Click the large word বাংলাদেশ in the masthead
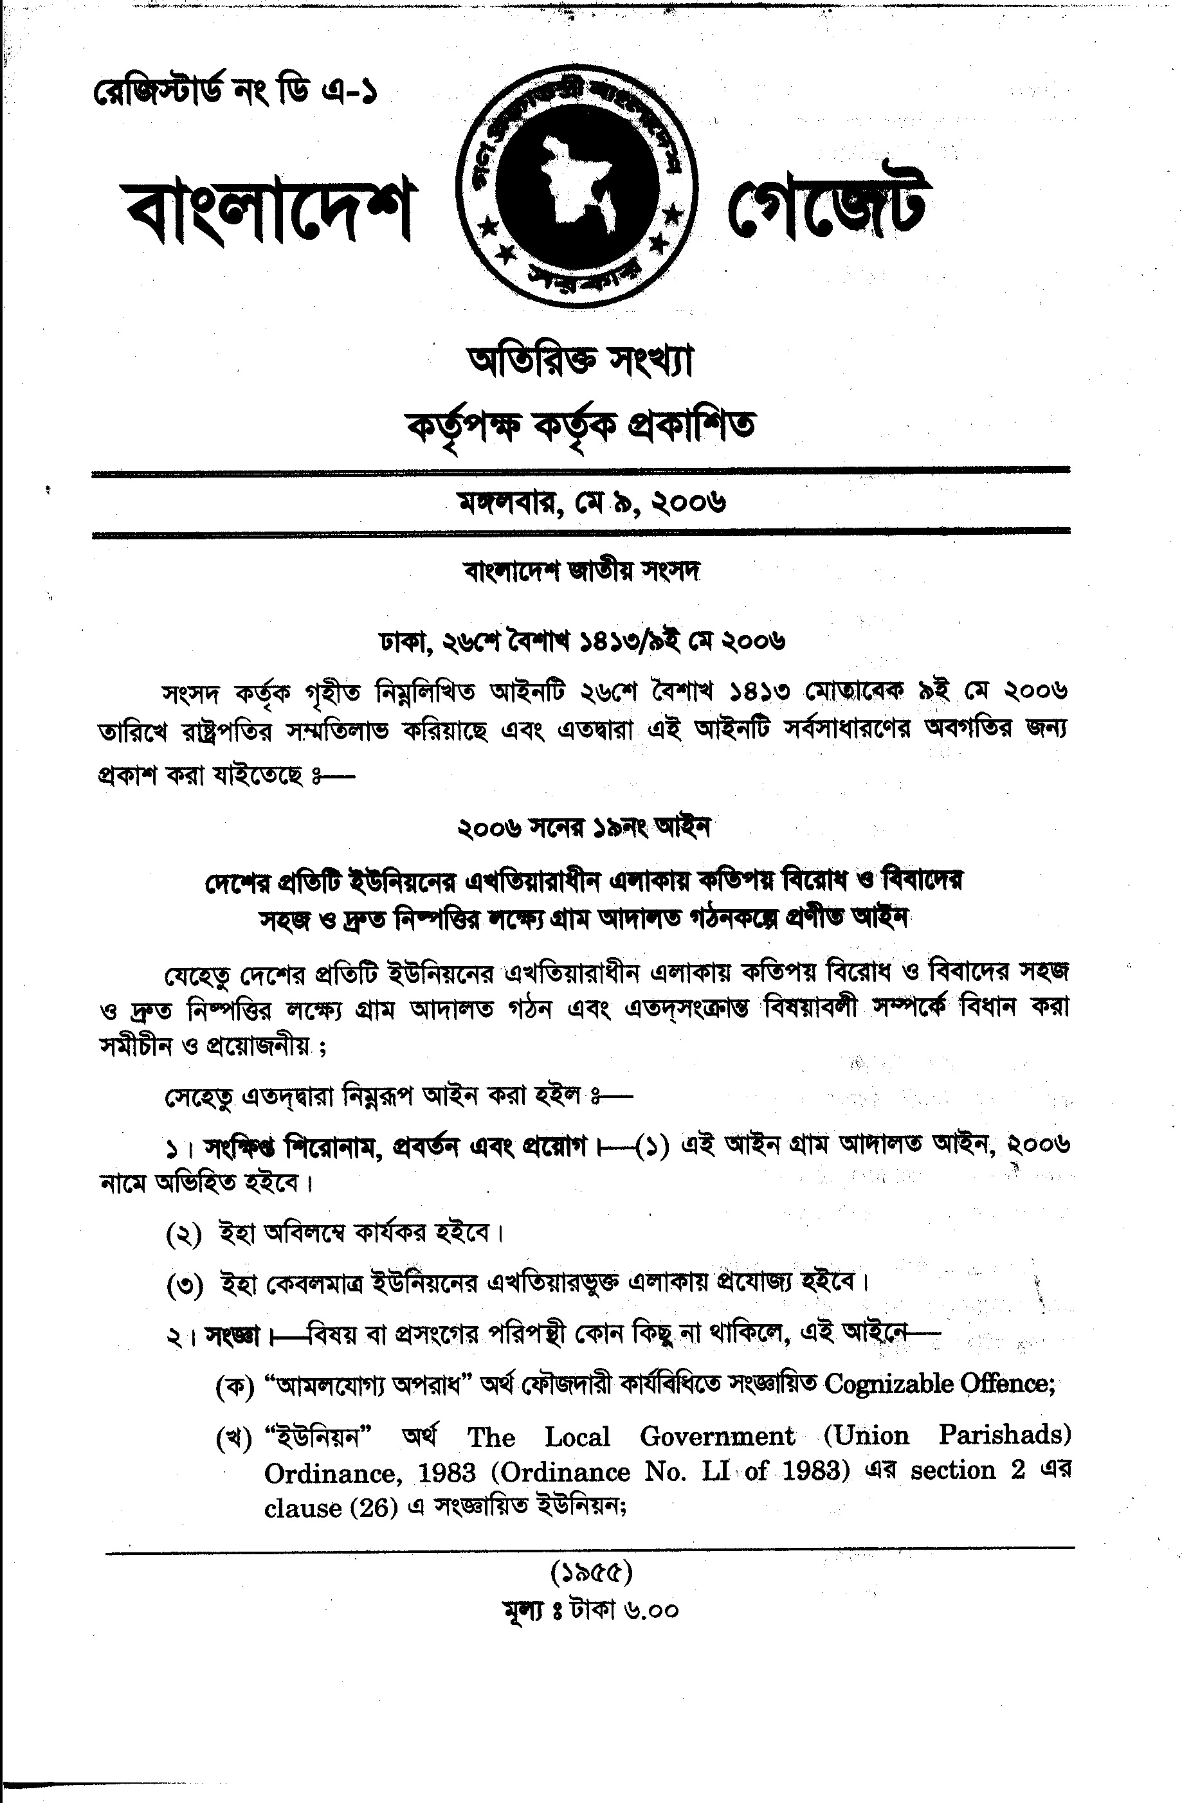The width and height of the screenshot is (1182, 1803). click(269, 204)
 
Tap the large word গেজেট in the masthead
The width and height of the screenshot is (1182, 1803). click(826, 201)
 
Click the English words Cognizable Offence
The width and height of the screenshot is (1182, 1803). click(940, 1384)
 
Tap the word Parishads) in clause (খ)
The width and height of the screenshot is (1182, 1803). click(1004, 1435)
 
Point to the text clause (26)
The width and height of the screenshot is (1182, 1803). click(331, 1507)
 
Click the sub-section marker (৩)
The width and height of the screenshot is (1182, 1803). click(184, 1286)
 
